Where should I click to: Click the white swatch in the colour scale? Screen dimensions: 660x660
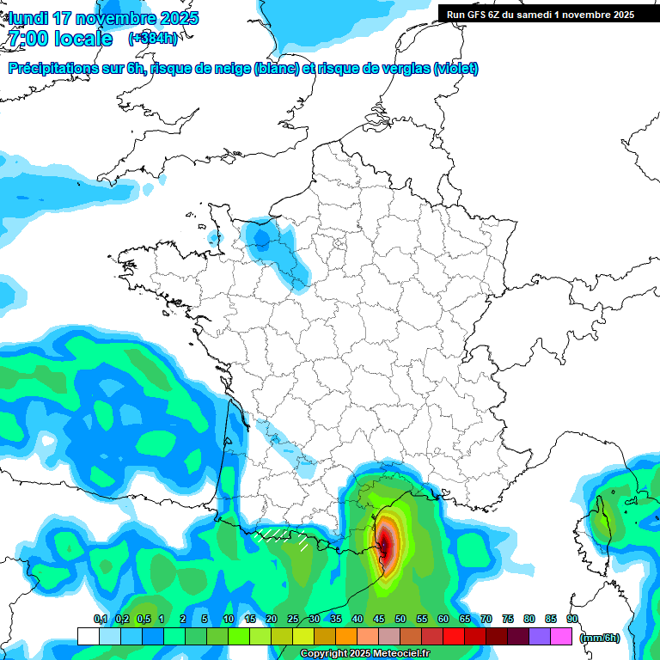tap(88, 636)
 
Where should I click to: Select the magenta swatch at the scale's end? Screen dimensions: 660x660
tap(561, 636)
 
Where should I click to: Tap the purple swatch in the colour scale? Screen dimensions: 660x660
tap(540, 636)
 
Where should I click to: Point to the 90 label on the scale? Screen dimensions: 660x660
tap(572, 619)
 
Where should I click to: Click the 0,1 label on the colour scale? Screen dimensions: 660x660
tap(100, 619)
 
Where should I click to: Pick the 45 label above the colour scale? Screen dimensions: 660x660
tap(379, 619)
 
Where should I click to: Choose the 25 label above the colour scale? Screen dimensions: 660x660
tap(293, 619)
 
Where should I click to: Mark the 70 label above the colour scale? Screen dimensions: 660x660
tap(486, 619)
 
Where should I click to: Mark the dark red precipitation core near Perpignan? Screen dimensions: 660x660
tap(387, 547)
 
